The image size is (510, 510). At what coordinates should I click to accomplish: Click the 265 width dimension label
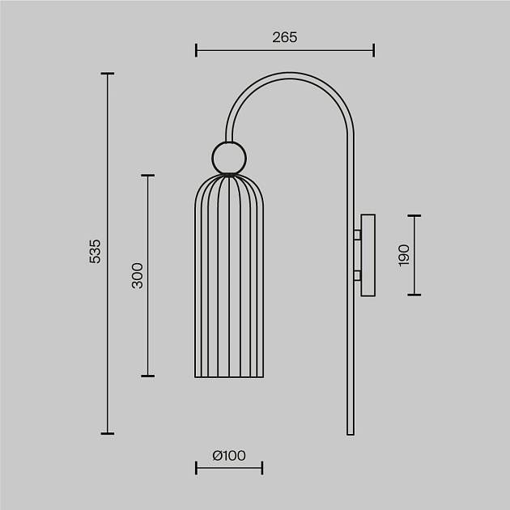285,37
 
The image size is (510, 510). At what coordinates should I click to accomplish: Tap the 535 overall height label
95,253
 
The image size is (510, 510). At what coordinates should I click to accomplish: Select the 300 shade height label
137,275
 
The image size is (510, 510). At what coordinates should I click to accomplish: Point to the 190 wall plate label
405,255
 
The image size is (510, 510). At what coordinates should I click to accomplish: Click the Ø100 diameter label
229,456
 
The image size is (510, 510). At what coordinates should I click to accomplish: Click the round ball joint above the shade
228,157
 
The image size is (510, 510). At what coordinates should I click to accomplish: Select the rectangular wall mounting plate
368,255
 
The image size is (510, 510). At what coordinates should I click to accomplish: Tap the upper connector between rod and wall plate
357,236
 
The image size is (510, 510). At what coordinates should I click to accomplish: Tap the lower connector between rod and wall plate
357,275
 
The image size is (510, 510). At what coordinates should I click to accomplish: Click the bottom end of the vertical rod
351,432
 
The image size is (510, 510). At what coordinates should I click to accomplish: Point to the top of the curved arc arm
290,72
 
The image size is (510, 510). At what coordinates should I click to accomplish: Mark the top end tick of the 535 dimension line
107,74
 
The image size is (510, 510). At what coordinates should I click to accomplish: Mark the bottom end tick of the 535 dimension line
107,434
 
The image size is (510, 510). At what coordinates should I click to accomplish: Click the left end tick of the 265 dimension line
197,51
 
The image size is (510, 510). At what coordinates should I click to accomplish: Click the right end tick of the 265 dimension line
374,51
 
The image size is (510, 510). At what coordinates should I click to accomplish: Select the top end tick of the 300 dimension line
147,175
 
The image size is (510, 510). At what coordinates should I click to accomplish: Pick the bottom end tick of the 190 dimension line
414,295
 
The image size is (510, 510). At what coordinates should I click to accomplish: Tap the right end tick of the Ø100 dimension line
261,468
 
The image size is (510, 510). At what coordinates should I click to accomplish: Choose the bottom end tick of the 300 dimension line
147,376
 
